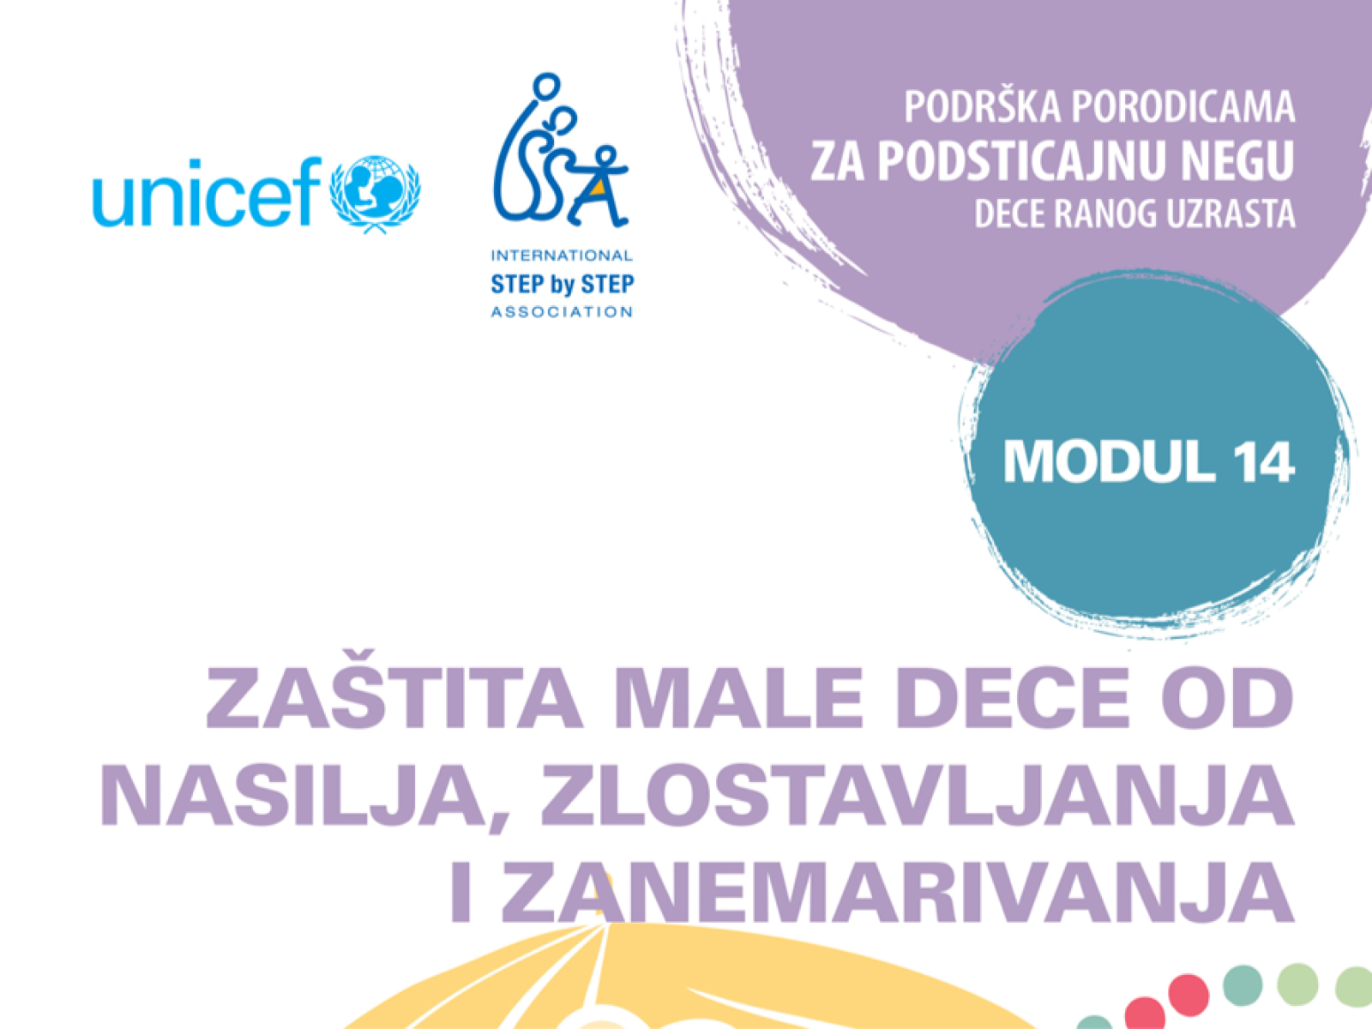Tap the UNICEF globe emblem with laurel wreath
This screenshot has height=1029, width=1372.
pos(375,194)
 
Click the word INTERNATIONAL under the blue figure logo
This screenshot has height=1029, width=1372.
pos(562,256)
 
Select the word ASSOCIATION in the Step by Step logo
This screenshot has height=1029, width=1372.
pos(562,312)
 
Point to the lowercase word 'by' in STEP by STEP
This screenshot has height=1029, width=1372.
pos(563,285)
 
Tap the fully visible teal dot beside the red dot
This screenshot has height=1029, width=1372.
pos(1243,985)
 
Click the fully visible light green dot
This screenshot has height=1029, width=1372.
pos(1297,984)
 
